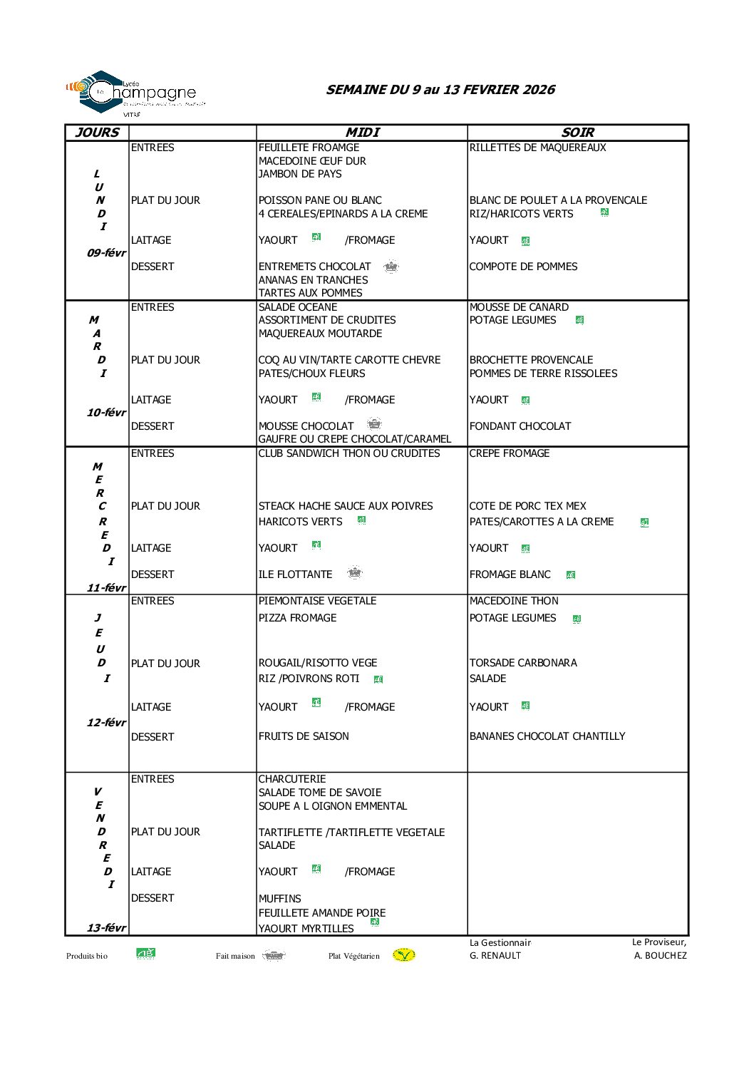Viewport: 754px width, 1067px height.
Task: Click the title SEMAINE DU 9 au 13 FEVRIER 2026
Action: pyautogui.click(x=440, y=90)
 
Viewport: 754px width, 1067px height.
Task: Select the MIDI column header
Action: pyautogui.click(x=362, y=133)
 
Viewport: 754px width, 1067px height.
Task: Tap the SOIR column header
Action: pyautogui.click(x=577, y=133)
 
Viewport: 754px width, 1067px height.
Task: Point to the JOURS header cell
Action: pyautogui.click(x=97, y=133)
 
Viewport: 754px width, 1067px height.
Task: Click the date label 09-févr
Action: pyautogui.click(x=105, y=253)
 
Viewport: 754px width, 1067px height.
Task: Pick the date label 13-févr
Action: pyautogui.click(x=105, y=927)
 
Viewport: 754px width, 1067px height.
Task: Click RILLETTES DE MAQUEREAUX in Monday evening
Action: pyautogui.click(x=537, y=148)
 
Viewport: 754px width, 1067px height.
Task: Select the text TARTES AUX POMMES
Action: pyautogui.click(x=310, y=293)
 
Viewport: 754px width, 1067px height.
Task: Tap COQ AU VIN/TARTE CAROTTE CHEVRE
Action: pyautogui.click(x=349, y=360)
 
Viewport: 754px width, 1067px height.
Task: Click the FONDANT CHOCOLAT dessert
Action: pyautogui.click(x=520, y=426)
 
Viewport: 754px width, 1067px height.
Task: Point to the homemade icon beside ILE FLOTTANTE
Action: pyautogui.click(x=354, y=572)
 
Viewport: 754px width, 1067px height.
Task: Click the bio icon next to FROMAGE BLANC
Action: pyautogui.click(x=571, y=574)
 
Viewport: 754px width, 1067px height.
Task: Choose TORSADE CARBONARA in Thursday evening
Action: pyautogui.click(x=523, y=663)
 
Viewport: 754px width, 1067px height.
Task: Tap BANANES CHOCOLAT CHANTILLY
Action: pyautogui.click(x=547, y=736)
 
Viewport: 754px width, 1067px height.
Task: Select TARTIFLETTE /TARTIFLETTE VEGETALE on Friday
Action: pyautogui.click(x=351, y=833)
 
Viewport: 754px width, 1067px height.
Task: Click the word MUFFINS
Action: pyautogui.click(x=279, y=899)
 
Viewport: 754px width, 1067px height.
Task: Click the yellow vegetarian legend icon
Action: pyautogui.click(x=403, y=955)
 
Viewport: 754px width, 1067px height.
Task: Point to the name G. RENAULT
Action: pyautogui.click(x=495, y=956)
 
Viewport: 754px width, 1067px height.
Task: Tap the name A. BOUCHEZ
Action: pyautogui.click(x=660, y=956)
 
